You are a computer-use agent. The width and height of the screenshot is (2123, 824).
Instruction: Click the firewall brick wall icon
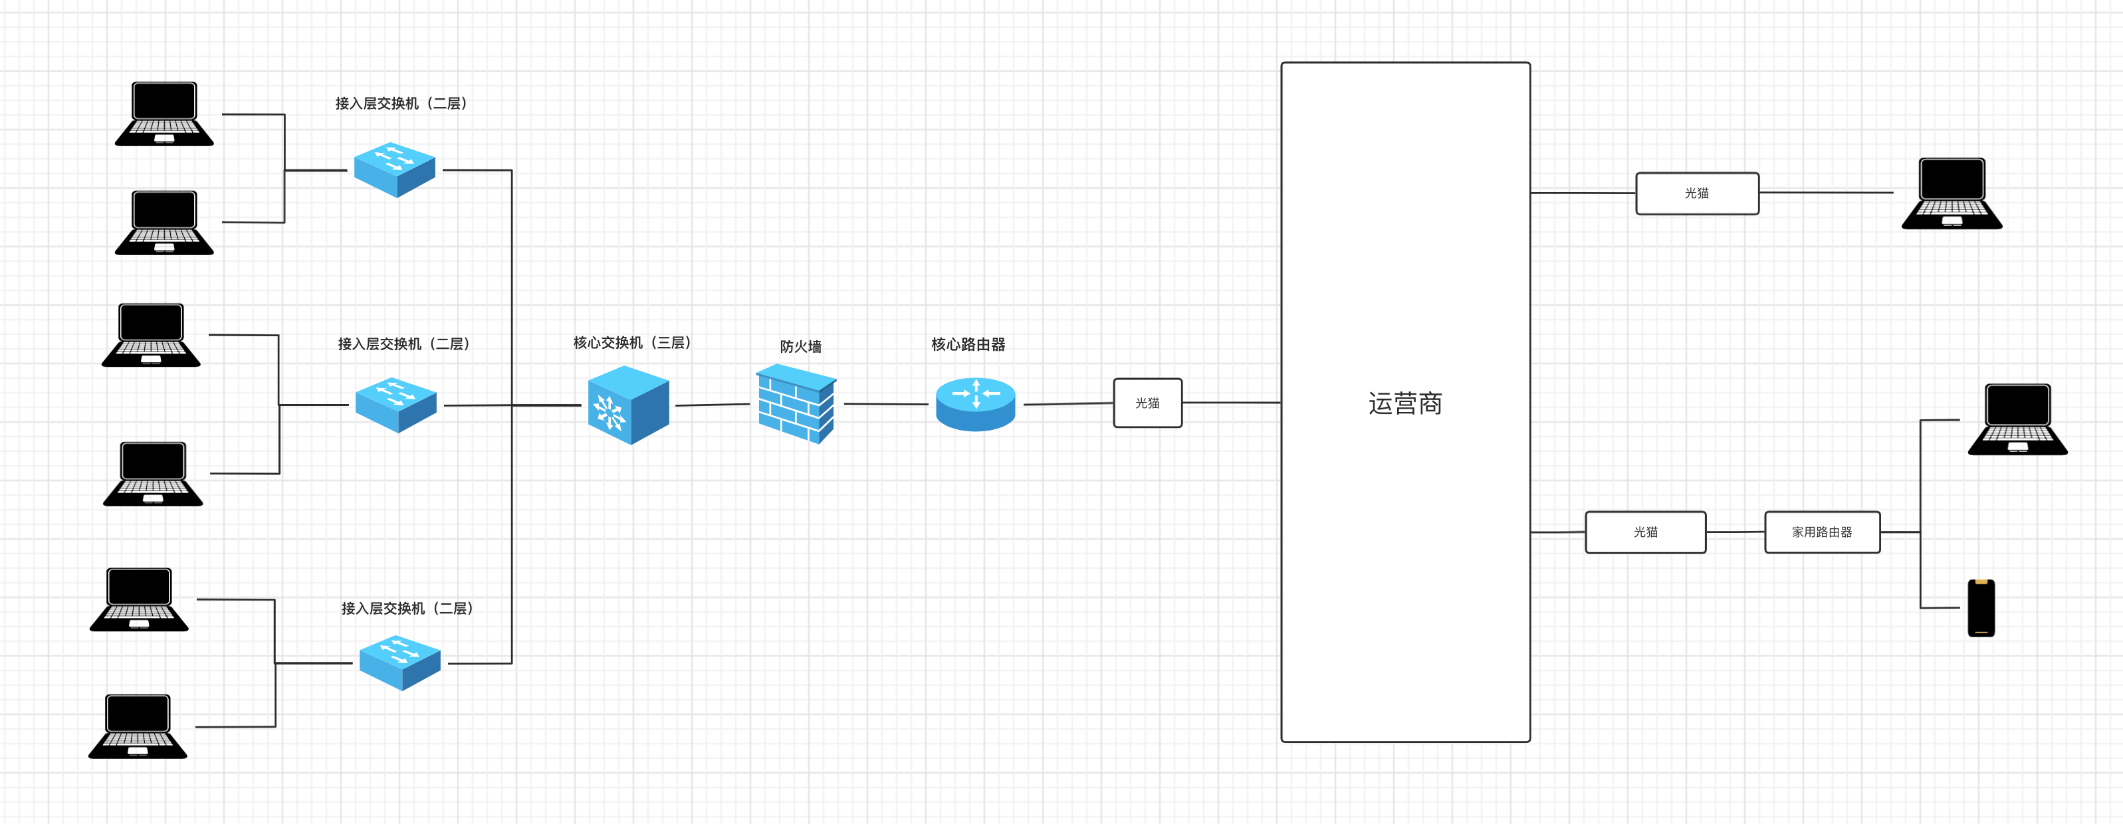796,404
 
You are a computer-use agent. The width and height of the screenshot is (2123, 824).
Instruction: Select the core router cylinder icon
976,404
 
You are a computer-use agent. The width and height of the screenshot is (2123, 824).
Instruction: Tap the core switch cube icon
628,405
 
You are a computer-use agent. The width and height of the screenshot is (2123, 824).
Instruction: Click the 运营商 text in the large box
1405,404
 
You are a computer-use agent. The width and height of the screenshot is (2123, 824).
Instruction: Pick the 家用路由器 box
1822,532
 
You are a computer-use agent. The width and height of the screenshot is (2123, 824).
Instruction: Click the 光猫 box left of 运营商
1147,403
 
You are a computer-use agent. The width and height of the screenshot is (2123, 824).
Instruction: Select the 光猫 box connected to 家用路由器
1645,532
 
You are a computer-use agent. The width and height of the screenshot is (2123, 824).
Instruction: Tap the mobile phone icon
1981,608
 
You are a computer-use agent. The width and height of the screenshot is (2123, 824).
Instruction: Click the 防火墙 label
800,347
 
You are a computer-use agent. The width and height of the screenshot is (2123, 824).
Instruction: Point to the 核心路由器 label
968,344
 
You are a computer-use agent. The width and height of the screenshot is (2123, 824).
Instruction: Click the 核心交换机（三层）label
632,343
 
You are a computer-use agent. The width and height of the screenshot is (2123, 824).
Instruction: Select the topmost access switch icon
395,169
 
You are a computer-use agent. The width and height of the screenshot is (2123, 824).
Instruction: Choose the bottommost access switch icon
399,663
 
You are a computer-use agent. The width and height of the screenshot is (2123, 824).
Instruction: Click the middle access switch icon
395,405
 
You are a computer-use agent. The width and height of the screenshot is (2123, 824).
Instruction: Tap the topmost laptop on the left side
164,114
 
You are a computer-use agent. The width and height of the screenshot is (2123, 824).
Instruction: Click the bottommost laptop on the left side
138,726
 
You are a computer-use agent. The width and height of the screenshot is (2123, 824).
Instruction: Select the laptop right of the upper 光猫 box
1952,193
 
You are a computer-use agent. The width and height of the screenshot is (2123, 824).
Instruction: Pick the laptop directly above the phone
2017,419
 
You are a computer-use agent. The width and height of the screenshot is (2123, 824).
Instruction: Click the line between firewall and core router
886,404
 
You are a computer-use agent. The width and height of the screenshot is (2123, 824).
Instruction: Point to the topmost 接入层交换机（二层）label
401,103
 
